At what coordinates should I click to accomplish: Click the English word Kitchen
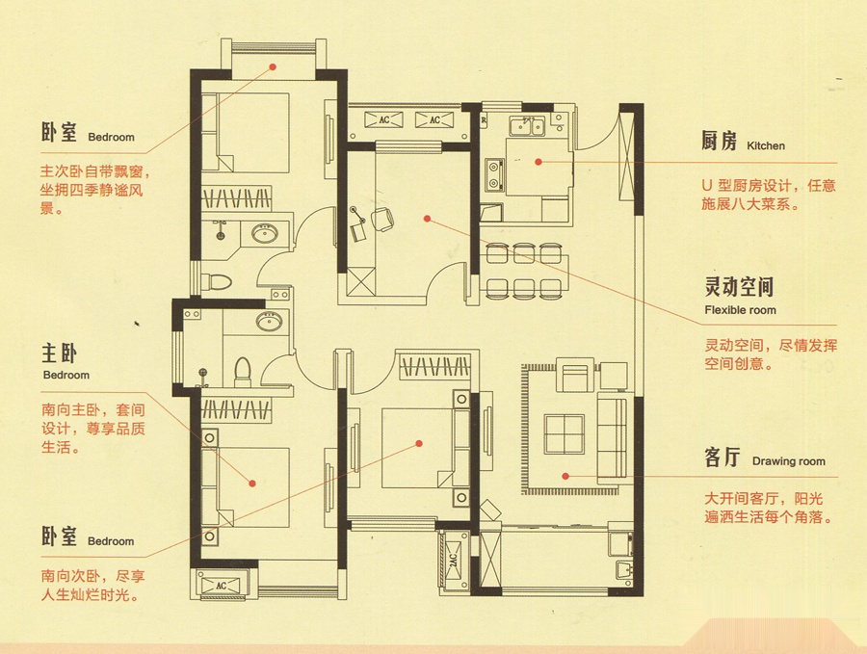pyautogui.click(x=766, y=146)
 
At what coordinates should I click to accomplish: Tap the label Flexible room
pyautogui.click(x=740, y=310)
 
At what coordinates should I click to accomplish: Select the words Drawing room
pyautogui.click(x=788, y=461)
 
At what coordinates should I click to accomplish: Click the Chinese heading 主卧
pyautogui.click(x=59, y=353)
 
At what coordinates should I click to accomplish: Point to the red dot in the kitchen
pyautogui.click(x=539, y=162)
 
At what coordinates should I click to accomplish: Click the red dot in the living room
pyautogui.click(x=565, y=476)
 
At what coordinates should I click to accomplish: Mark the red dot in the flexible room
pyautogui.click(x=427, y=219)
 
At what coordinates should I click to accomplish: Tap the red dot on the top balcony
pyautogui.click(x=273, y=67)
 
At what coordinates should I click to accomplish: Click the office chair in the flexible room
pyautogui.click(x=382, y=219)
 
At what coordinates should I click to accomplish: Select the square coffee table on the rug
pyautogui.click(x=564, y=434)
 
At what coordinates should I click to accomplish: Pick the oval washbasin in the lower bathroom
pyautogui.click(x=270, y=321)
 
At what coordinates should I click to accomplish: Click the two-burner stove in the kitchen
pyautogui.click(x=494, y=173)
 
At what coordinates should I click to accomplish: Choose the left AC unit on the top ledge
pyautogui.click(x=383, y=120)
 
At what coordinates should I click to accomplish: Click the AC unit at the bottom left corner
pyautogui.click(x=221, y=586)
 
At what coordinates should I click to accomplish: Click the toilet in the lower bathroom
pyautogui.click(x=242, y=371)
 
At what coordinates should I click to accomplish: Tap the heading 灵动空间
pyautogui.click(x=739, y=287)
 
